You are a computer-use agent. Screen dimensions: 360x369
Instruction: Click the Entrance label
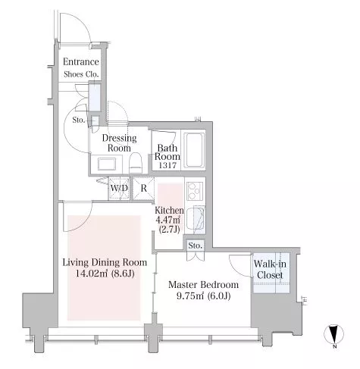pyautogui.click(x=80, y=62)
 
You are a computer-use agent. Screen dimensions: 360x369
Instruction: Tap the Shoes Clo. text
pyautogui.click(x=80, y=74)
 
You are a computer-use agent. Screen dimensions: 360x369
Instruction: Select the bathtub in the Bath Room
pyautogui.click(x=194, y=150)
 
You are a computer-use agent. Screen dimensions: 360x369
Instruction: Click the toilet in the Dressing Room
pyautogui.click(x=136, y=163)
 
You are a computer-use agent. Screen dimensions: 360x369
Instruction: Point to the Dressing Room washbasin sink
pyautogui.click(x=107, y=164)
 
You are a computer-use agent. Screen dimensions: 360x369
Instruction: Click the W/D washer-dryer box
pyautogui.click(x=119, y=189)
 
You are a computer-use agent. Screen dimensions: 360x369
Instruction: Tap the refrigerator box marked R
pyautogui.click(x=143, y=189)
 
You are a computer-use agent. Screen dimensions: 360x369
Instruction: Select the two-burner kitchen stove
pyautogui.click(x=195, y=191)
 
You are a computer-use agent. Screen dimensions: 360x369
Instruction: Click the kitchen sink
pyautogui.click(x=199, y=220)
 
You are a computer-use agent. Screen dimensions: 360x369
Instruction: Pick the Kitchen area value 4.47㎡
pyautogui.click(x=168, y=220)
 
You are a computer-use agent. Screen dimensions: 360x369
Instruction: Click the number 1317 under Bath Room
pyautogui.click(x=167, y=166)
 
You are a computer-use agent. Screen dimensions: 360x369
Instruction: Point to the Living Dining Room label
pyautogui.click(x=105, y=263)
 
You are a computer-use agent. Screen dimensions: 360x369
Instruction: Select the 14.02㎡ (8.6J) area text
pyautogui.click(x=105, y=274)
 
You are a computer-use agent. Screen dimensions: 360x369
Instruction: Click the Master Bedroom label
pyautogui.click(x=203, y=285)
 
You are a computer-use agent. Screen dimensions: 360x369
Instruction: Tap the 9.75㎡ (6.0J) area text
pyautogui.click(x=203, y=296)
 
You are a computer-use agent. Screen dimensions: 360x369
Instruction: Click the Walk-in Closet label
pyautogui.click(x=270, y=270)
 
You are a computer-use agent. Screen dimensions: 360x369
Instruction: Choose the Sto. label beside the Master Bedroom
pyautogui.click(x=196, y=245)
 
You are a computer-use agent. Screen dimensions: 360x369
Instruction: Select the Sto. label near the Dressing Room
pyautogui.click(x=78, y=120)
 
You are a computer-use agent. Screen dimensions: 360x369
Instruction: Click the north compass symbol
pyautogui.click(x=333, y=334)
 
